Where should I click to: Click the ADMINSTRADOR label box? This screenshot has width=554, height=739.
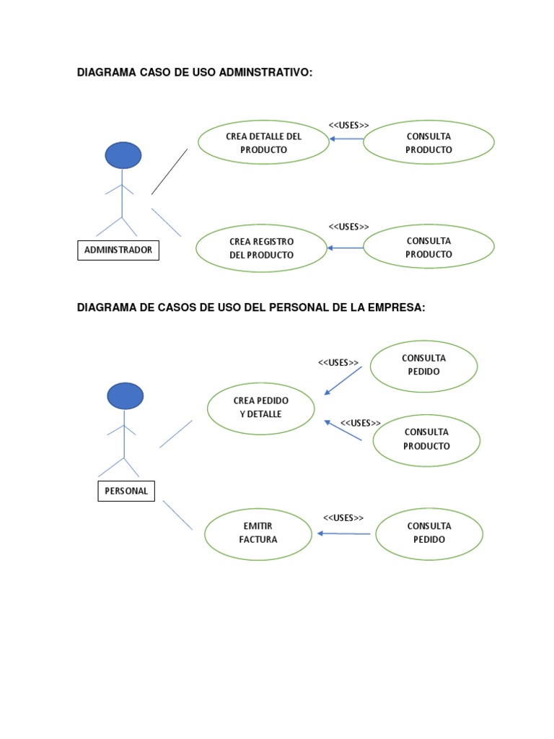coord(118,250)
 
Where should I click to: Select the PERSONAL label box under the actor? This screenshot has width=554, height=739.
coord(126,491)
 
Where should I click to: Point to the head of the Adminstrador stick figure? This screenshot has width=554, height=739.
coord(123,155)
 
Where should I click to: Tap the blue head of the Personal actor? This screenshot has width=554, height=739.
coord(126,396)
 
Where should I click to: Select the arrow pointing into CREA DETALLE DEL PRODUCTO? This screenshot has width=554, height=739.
coord(346,139)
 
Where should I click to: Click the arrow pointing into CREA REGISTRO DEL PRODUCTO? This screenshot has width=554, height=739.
coord(346,248)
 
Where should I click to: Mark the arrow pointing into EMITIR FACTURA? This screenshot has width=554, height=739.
coord(344,533)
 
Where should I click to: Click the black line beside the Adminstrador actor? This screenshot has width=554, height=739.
coord(170,172)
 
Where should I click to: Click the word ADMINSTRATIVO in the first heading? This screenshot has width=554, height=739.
coord(265,72)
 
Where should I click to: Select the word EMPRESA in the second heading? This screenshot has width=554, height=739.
coord(397,307)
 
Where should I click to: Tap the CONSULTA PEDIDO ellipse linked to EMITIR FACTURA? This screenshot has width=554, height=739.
coord(429,533)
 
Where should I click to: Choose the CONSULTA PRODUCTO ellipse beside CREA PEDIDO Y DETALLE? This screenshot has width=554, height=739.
coord(426,440)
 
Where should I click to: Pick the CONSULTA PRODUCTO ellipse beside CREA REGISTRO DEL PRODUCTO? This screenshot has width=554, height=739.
coord(428,247)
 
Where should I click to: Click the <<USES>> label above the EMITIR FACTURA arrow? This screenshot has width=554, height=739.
coord(343,518)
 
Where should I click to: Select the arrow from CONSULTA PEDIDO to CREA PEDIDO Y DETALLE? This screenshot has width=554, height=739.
coord(343,381)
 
